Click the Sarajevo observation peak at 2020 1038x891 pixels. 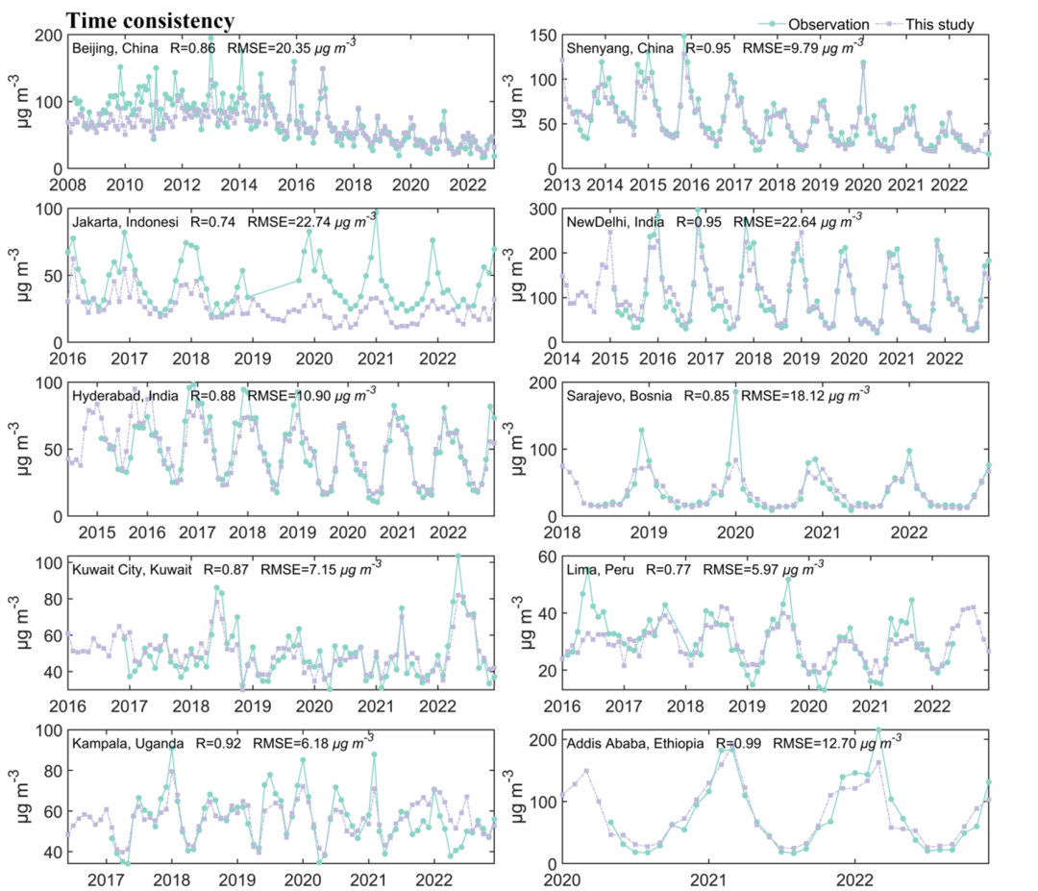coord(735,392)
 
